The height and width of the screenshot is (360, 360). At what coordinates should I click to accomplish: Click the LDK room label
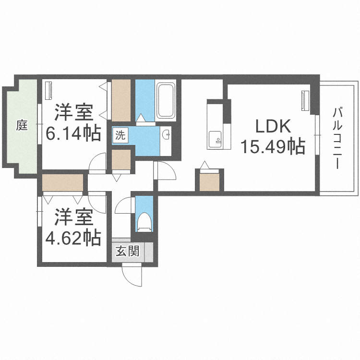[273, 127]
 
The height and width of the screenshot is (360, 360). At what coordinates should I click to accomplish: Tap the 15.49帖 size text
[273, 146]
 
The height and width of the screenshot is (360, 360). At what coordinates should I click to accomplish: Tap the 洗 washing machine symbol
[120, 135]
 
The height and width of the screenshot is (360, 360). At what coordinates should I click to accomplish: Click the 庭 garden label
[22, 126]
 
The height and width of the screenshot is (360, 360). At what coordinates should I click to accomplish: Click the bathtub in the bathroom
[166, 101]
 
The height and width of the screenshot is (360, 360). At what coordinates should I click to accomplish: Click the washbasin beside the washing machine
[166, 134]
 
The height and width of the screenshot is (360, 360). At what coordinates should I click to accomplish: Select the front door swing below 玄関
[132, 275]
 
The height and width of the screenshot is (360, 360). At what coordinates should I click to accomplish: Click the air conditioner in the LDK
[304, 101]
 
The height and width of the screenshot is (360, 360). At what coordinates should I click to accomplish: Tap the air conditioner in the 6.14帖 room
[48, 91]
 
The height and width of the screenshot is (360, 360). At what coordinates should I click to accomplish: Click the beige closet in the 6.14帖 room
[122, 100]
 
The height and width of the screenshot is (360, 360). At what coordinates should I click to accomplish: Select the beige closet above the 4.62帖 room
[63, 183]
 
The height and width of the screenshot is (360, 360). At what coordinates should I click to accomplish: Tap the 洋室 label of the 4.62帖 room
[73, 217]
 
